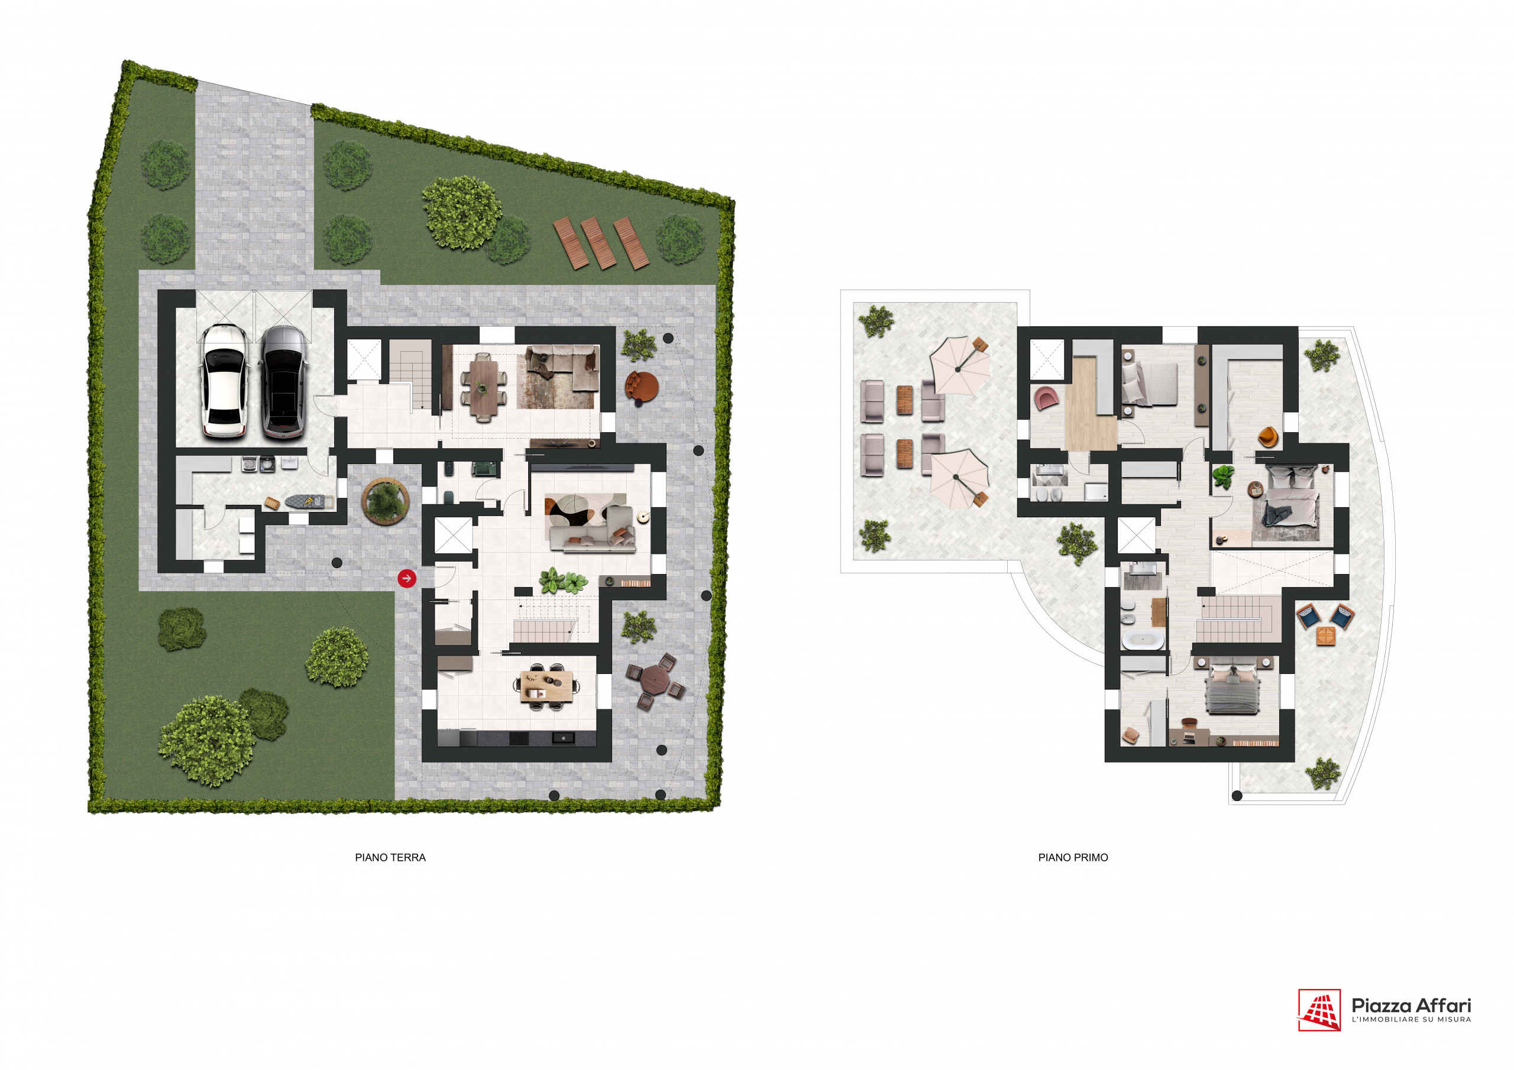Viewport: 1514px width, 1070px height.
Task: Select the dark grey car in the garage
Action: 283,382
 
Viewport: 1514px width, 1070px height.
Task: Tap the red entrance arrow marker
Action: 407,578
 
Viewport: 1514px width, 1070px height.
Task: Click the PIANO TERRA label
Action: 390,857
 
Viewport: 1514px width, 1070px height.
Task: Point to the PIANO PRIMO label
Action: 1073,857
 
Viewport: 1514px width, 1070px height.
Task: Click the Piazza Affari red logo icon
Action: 1319,1009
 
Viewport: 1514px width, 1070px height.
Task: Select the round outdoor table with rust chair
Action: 642,387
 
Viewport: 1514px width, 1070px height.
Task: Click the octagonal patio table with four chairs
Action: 655,681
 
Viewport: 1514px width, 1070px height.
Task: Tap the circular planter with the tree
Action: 385,501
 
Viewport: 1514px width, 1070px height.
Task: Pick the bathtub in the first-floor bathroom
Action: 1143,640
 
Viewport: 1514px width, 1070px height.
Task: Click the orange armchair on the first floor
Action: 1267,436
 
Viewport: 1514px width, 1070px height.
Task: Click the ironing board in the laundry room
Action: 305,502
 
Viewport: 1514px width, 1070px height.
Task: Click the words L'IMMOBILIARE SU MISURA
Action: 1411,1019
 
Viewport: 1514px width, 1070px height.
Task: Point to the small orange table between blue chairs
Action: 1325,636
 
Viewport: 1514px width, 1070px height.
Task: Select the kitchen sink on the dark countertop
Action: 563,738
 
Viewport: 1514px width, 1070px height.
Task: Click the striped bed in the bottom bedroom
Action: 1232,689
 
